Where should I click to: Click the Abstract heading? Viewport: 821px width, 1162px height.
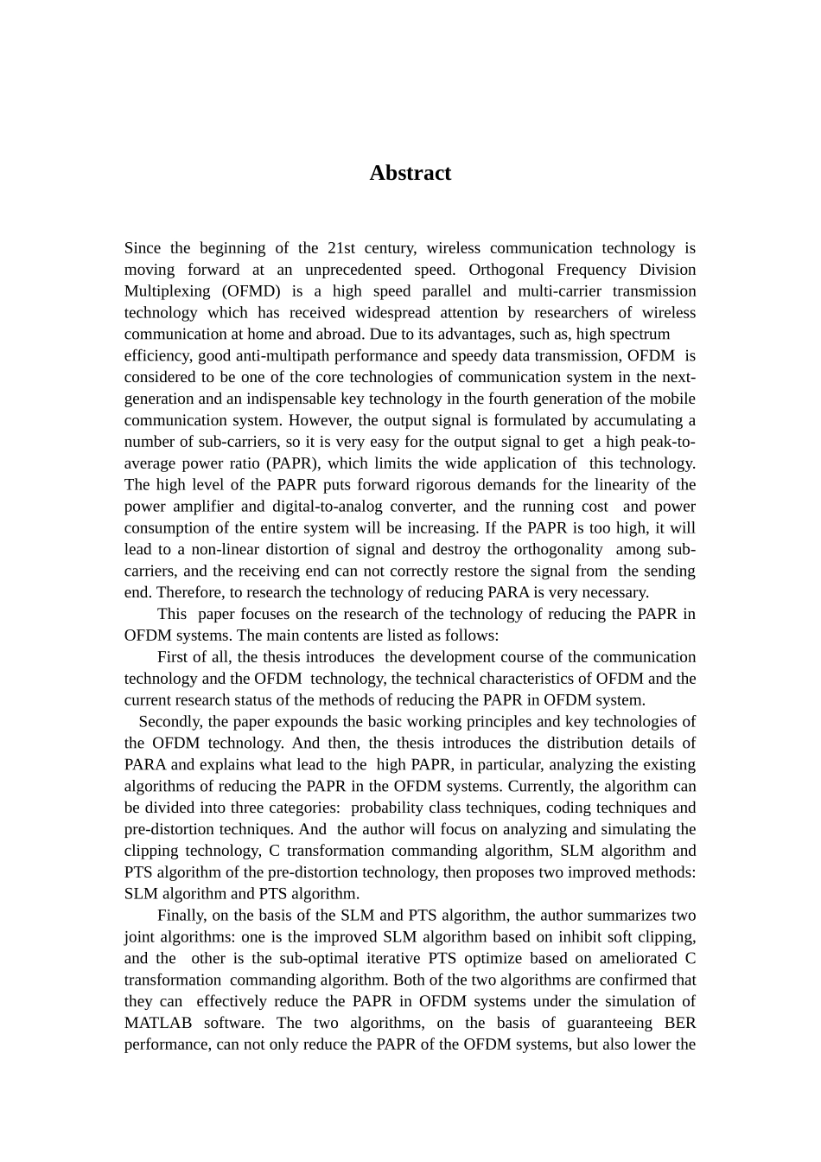point(410,173)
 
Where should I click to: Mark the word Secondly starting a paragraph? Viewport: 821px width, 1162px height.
point(170,722)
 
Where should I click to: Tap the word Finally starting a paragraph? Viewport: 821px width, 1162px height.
point(184,916)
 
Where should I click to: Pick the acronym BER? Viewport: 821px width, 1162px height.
point(680,1023)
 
